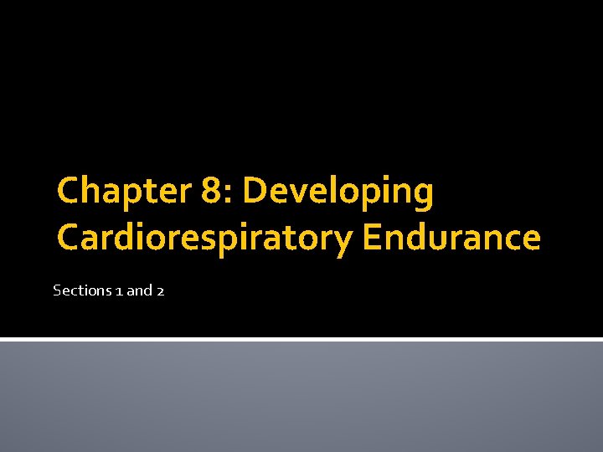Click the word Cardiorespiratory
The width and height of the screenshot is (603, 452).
pyautogui.click(x=205, y=239)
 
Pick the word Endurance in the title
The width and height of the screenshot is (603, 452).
pyautogui.click(x=451, y=238)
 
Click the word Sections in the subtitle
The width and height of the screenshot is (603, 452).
pyautogui.click(x=82, y=290)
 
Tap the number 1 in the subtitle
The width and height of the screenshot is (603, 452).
pyautogui.click(x=118, y=291)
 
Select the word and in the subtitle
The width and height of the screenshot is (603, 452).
pyautogui.click(x=139, y=290)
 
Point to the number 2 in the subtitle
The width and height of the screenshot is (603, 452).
pyautogui.click(x=159, y=291)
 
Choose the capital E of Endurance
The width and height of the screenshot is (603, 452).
pyautogui.click(x=373, y=238)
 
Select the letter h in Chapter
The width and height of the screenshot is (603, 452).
pyautogui.click(x=95, y=191)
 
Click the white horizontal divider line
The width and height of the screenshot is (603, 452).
pyautogui.click(x=301, y=339)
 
